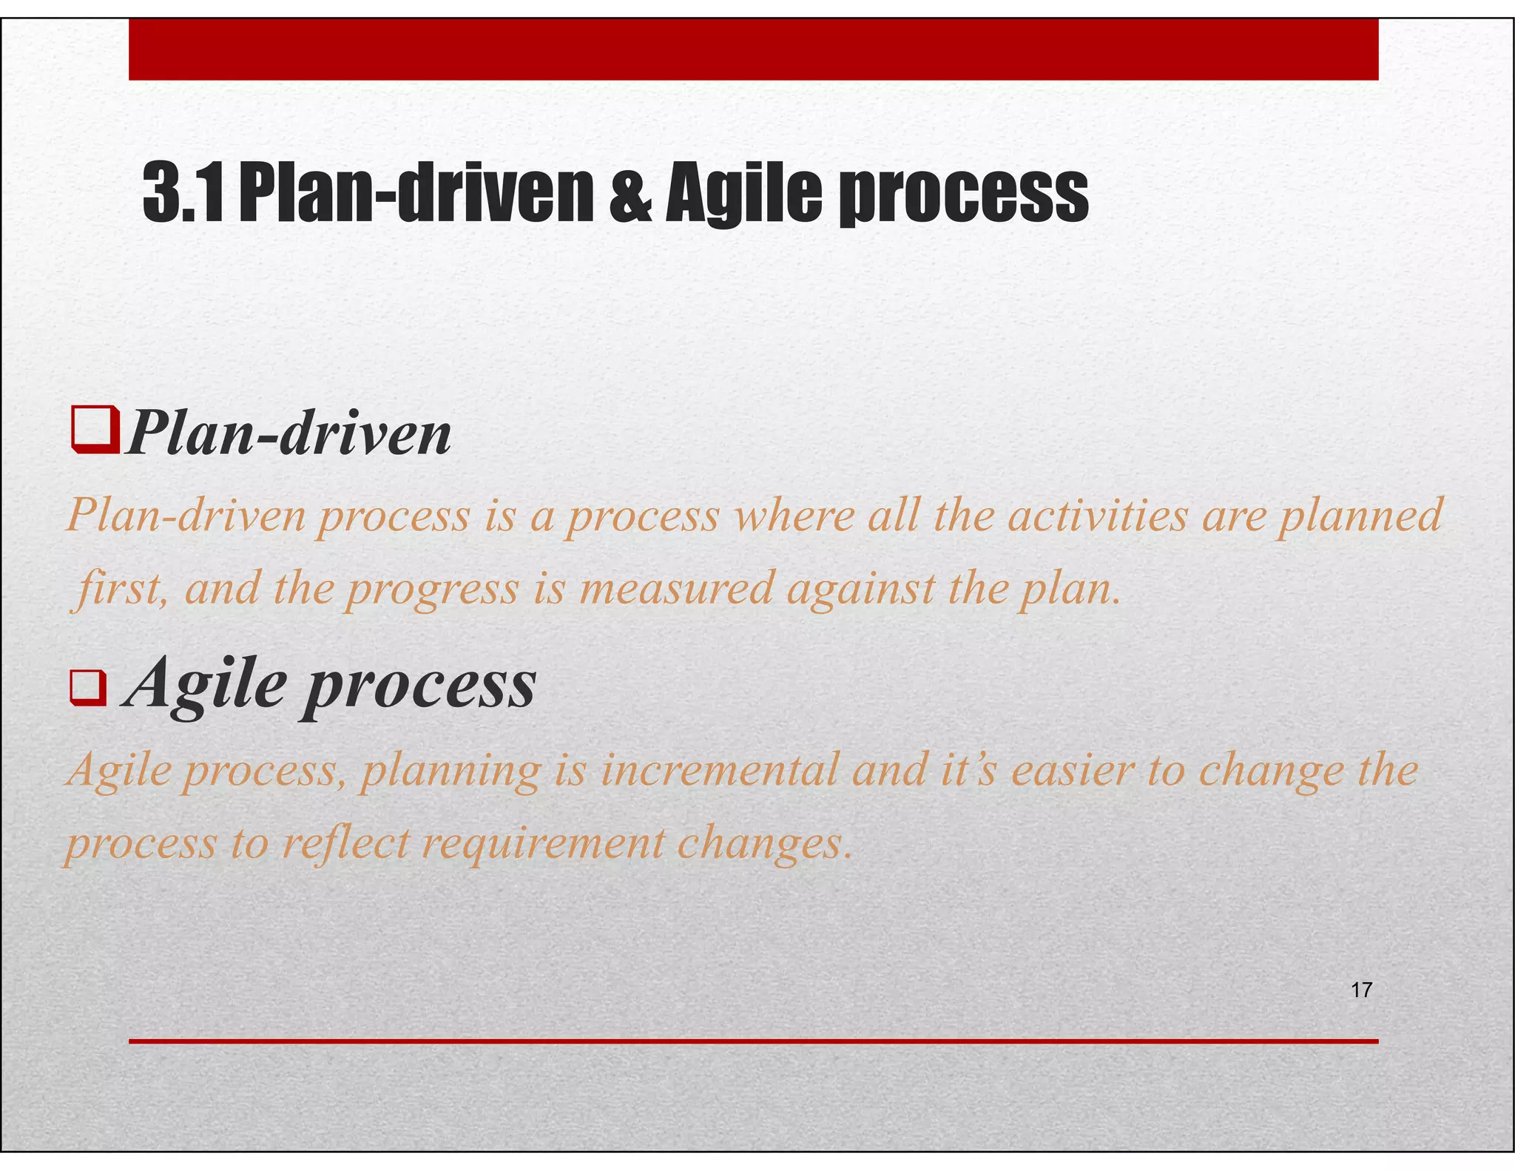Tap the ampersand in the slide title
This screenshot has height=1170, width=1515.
tap(630, 194)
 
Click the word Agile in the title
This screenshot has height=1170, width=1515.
tap(743, 194)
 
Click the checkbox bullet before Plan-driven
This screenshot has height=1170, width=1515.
tap(95, 430)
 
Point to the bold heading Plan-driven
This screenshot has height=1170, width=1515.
tap(289, 433)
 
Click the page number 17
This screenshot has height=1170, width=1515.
tap(1361, 990)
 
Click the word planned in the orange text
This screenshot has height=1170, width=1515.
tap(1361, 516)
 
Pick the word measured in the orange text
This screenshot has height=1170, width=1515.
tap(676, 589)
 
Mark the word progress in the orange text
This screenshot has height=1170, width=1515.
tap(433, 590)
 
